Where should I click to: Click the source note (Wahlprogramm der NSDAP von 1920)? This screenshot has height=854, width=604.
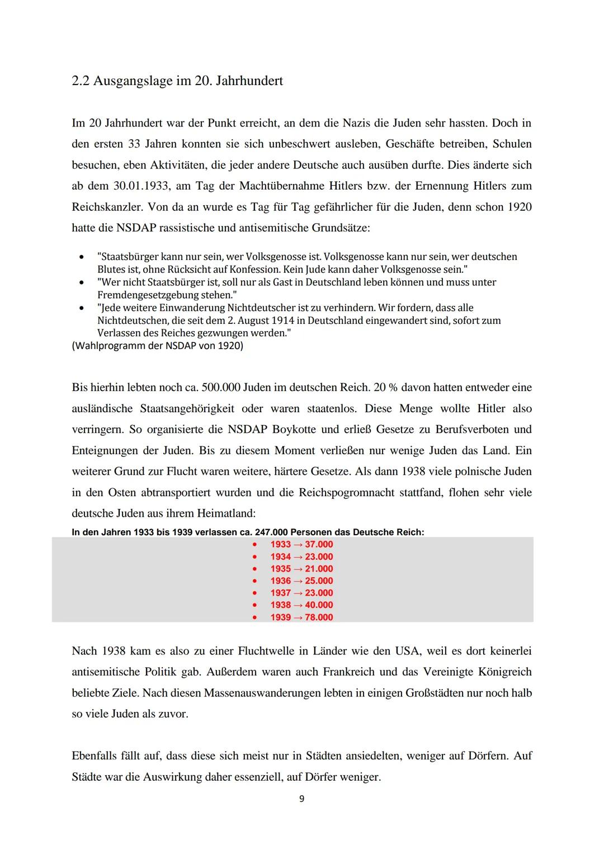point(158,346)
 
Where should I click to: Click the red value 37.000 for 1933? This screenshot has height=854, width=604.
point(319,545)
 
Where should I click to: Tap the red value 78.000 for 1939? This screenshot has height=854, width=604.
point(319,617)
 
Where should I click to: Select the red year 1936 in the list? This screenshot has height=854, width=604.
point(281,581)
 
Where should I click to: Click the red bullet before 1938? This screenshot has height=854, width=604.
point(254,605)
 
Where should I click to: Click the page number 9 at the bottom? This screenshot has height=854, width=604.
point(302,799)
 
